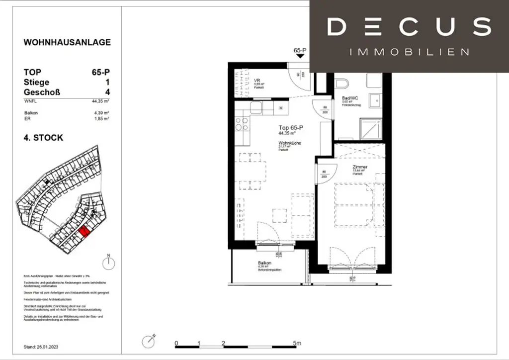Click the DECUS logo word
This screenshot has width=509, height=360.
point(409,27)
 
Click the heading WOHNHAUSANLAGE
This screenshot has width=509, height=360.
point(67,43)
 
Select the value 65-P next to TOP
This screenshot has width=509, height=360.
point(100,72)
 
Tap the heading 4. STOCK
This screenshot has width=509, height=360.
point(44,137)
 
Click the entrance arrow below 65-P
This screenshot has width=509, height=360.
point(300,57)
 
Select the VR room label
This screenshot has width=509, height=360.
point(257,81)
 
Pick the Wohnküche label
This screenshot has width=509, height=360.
point(290,143)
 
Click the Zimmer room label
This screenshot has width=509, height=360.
point(359,167)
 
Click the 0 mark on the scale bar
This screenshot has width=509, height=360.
point(176,343)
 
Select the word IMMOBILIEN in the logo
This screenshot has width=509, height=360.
point(410,52)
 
